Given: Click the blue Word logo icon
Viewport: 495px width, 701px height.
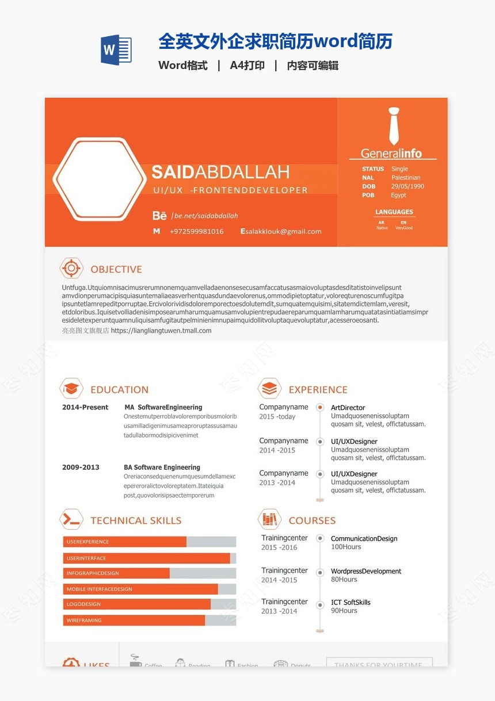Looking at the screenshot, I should (x=116, y=50).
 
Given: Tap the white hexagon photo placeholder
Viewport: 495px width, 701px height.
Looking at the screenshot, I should (x=98, y=179).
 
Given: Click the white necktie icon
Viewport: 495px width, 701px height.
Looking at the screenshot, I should (x=394, y=126).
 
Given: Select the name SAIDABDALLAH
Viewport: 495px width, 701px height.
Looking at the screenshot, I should (x=220, y=172).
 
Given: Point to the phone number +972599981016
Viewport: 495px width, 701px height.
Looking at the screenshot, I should (x=196, y=231).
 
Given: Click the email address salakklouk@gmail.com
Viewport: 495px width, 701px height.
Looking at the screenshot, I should (x=284, y=231).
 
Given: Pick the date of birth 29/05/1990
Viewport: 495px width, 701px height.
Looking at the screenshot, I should (x=408, y=186).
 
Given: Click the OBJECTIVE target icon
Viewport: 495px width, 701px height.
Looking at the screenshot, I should (x=71, y=269).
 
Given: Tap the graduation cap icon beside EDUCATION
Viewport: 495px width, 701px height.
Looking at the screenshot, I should (x=71, y=389).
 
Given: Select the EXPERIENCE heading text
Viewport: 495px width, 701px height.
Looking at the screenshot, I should (x=318, y=389).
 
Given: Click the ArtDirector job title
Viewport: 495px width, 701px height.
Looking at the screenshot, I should (x=348, y=408).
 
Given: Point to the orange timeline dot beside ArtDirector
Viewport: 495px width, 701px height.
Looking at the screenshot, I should (x=320, y=407).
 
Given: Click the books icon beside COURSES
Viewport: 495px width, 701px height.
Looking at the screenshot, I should (x=269, y=520).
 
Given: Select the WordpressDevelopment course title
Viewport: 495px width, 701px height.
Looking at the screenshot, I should (x=366, y=571).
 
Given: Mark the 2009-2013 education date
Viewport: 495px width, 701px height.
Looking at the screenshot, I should (x=81, y=467).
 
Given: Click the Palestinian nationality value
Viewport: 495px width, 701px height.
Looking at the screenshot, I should (x=406, y=178).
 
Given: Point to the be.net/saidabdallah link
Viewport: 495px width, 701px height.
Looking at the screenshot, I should (x=206, y=216).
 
